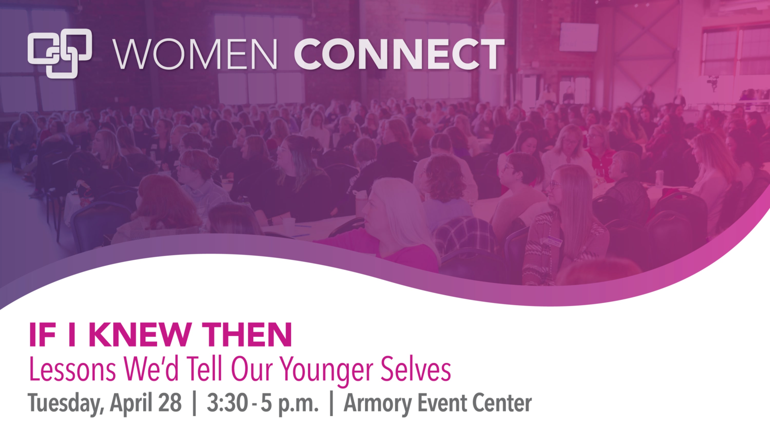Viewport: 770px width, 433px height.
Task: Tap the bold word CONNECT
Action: click(x=399, y=54)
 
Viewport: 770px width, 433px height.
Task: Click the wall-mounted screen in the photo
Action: click(x=579, y=37)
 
